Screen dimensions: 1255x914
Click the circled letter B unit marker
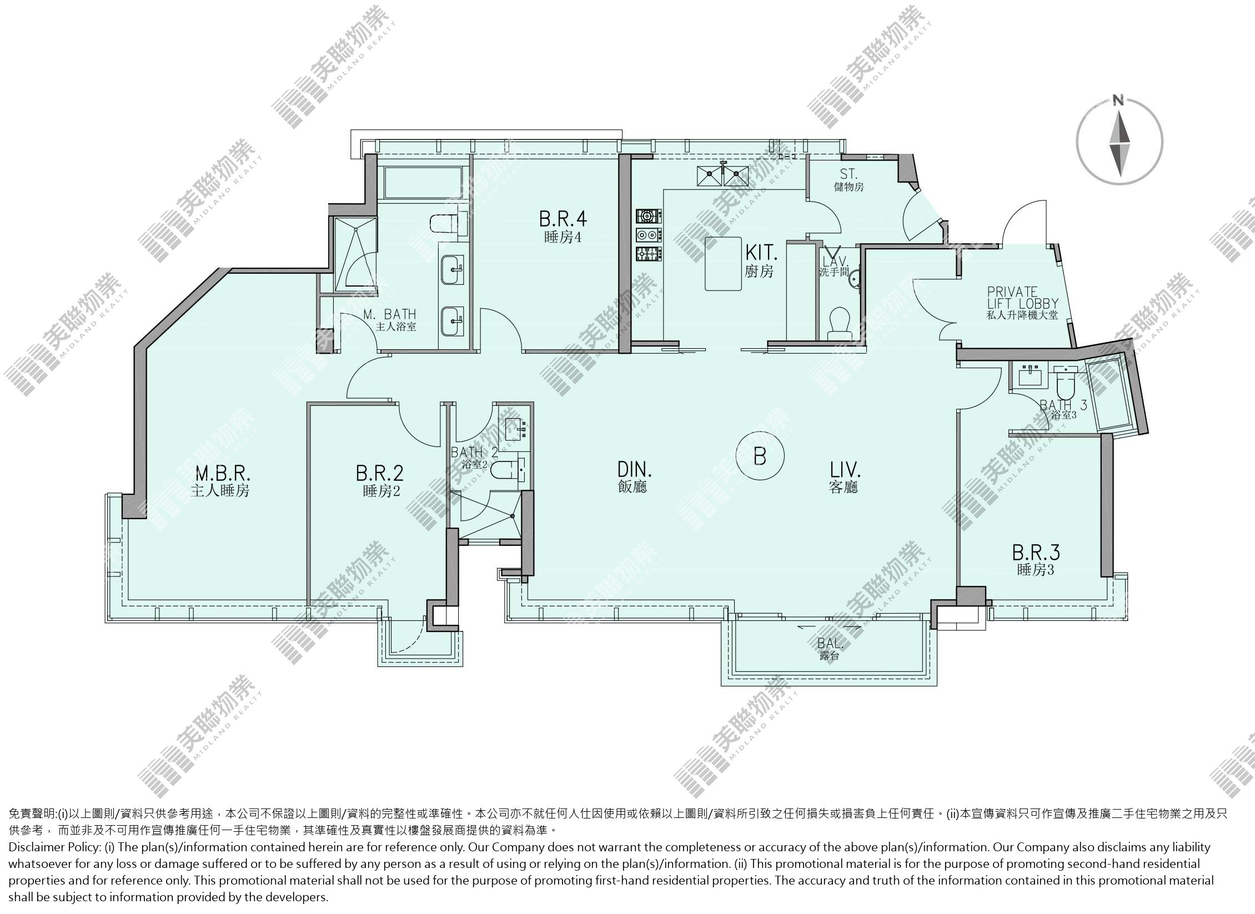[x=760, y=456]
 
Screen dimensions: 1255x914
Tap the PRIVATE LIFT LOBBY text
[x=1022, y=298]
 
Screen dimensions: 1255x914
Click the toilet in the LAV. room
[x=839, y=323]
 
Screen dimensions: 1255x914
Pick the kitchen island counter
[x=724, y=263]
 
